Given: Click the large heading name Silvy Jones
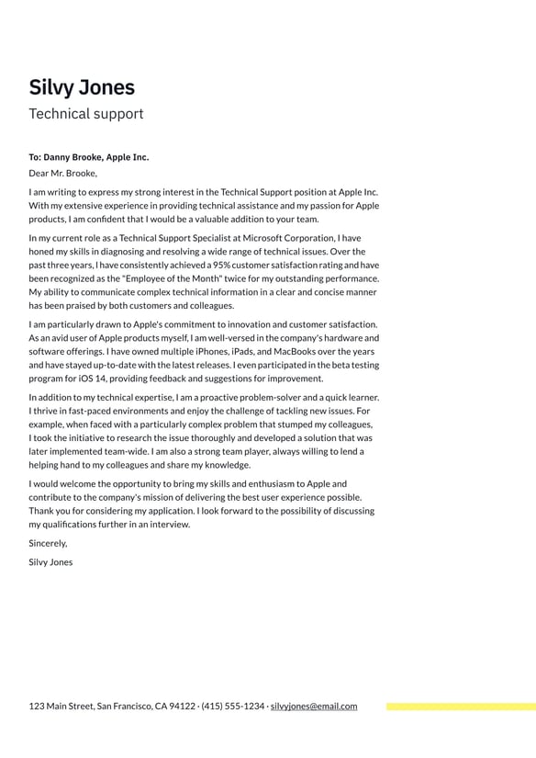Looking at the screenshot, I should (x=82, y=87).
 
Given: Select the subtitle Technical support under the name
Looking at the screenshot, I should (x=85, y=114).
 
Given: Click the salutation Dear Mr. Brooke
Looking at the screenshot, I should (x=62, y=173).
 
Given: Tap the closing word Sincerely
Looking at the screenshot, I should (x=48, y=543).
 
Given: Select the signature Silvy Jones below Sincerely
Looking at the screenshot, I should (x=50, y=561).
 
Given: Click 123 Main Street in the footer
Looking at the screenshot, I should (x=61, y=707).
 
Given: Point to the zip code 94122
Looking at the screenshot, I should (x=182, y=707).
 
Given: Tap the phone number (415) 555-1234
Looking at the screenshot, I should (x=232, y=707).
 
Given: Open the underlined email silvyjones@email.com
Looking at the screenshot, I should (x=314, y=707).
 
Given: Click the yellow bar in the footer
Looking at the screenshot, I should (x=461, y=707).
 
